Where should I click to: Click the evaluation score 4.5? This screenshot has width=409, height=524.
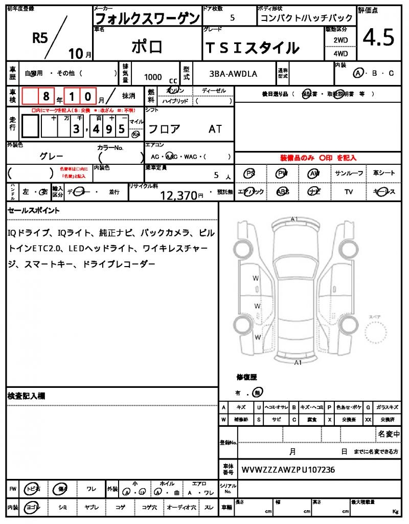tap(378, 37)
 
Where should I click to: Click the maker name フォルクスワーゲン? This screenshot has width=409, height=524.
tap(148, 18)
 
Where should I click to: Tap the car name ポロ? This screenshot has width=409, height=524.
tap(147, 47)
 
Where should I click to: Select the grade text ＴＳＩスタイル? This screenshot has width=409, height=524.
tap(252, 48)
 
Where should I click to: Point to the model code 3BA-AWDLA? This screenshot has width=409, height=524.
tap(233, 74)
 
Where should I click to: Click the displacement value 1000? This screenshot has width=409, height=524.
tap(153, 77)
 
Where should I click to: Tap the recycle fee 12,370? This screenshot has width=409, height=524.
tap(178, 195)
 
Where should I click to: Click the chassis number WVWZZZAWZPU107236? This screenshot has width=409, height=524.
tap(288, 469)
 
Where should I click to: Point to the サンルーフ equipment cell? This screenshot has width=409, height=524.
tap(349, 173)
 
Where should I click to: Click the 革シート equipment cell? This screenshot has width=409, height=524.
tap(384, 173)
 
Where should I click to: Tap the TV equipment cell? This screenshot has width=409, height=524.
tap(349, 192)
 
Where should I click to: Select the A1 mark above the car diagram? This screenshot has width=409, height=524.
tap(294, 219)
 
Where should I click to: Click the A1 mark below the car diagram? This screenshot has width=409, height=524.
tap(298, 362)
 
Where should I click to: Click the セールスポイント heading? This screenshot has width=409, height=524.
tap(33, 210)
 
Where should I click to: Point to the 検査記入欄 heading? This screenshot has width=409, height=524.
tap(27, 396)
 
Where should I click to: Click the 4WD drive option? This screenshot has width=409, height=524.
tap(340, 53)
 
